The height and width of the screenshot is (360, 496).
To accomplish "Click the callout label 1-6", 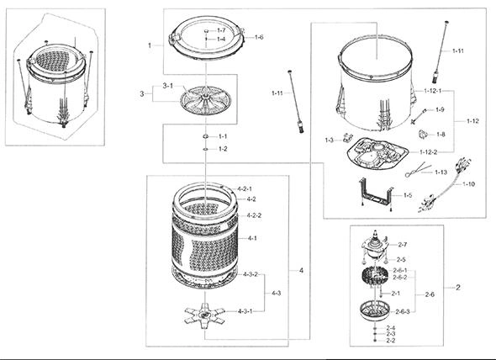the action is (x=259, y=37).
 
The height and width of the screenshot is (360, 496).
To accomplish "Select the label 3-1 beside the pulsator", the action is (x=168, y=86).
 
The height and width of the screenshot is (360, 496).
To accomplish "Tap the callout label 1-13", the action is (x=441, y=172).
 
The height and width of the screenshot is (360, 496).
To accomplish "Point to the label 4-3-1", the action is (x=245, y=311).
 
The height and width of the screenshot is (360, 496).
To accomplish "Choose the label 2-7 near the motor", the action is (x=403, y=245).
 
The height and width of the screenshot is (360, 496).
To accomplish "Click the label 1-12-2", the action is (x=428, y=152).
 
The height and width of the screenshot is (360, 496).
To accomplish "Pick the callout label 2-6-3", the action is (x=403, y=312).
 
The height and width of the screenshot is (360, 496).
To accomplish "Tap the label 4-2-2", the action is (x=254, y=215).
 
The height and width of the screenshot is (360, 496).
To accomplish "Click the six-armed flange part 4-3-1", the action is (x=204, y=314).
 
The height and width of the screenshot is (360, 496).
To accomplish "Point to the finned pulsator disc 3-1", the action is (x=206, y=100).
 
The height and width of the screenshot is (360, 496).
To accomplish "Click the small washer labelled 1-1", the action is (x=206, y=136).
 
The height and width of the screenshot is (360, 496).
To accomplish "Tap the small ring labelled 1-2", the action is (x=206, y=149).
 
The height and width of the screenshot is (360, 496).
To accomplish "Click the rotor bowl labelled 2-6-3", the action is (x=375, y=310).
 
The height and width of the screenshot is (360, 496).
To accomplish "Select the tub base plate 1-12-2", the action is (x=377, y=155).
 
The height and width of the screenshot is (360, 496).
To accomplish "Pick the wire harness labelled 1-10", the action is (x=445, y=185).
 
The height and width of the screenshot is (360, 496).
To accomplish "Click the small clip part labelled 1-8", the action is (x=423, y=135).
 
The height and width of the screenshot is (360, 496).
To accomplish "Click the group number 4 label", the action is (x=301, y=270).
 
